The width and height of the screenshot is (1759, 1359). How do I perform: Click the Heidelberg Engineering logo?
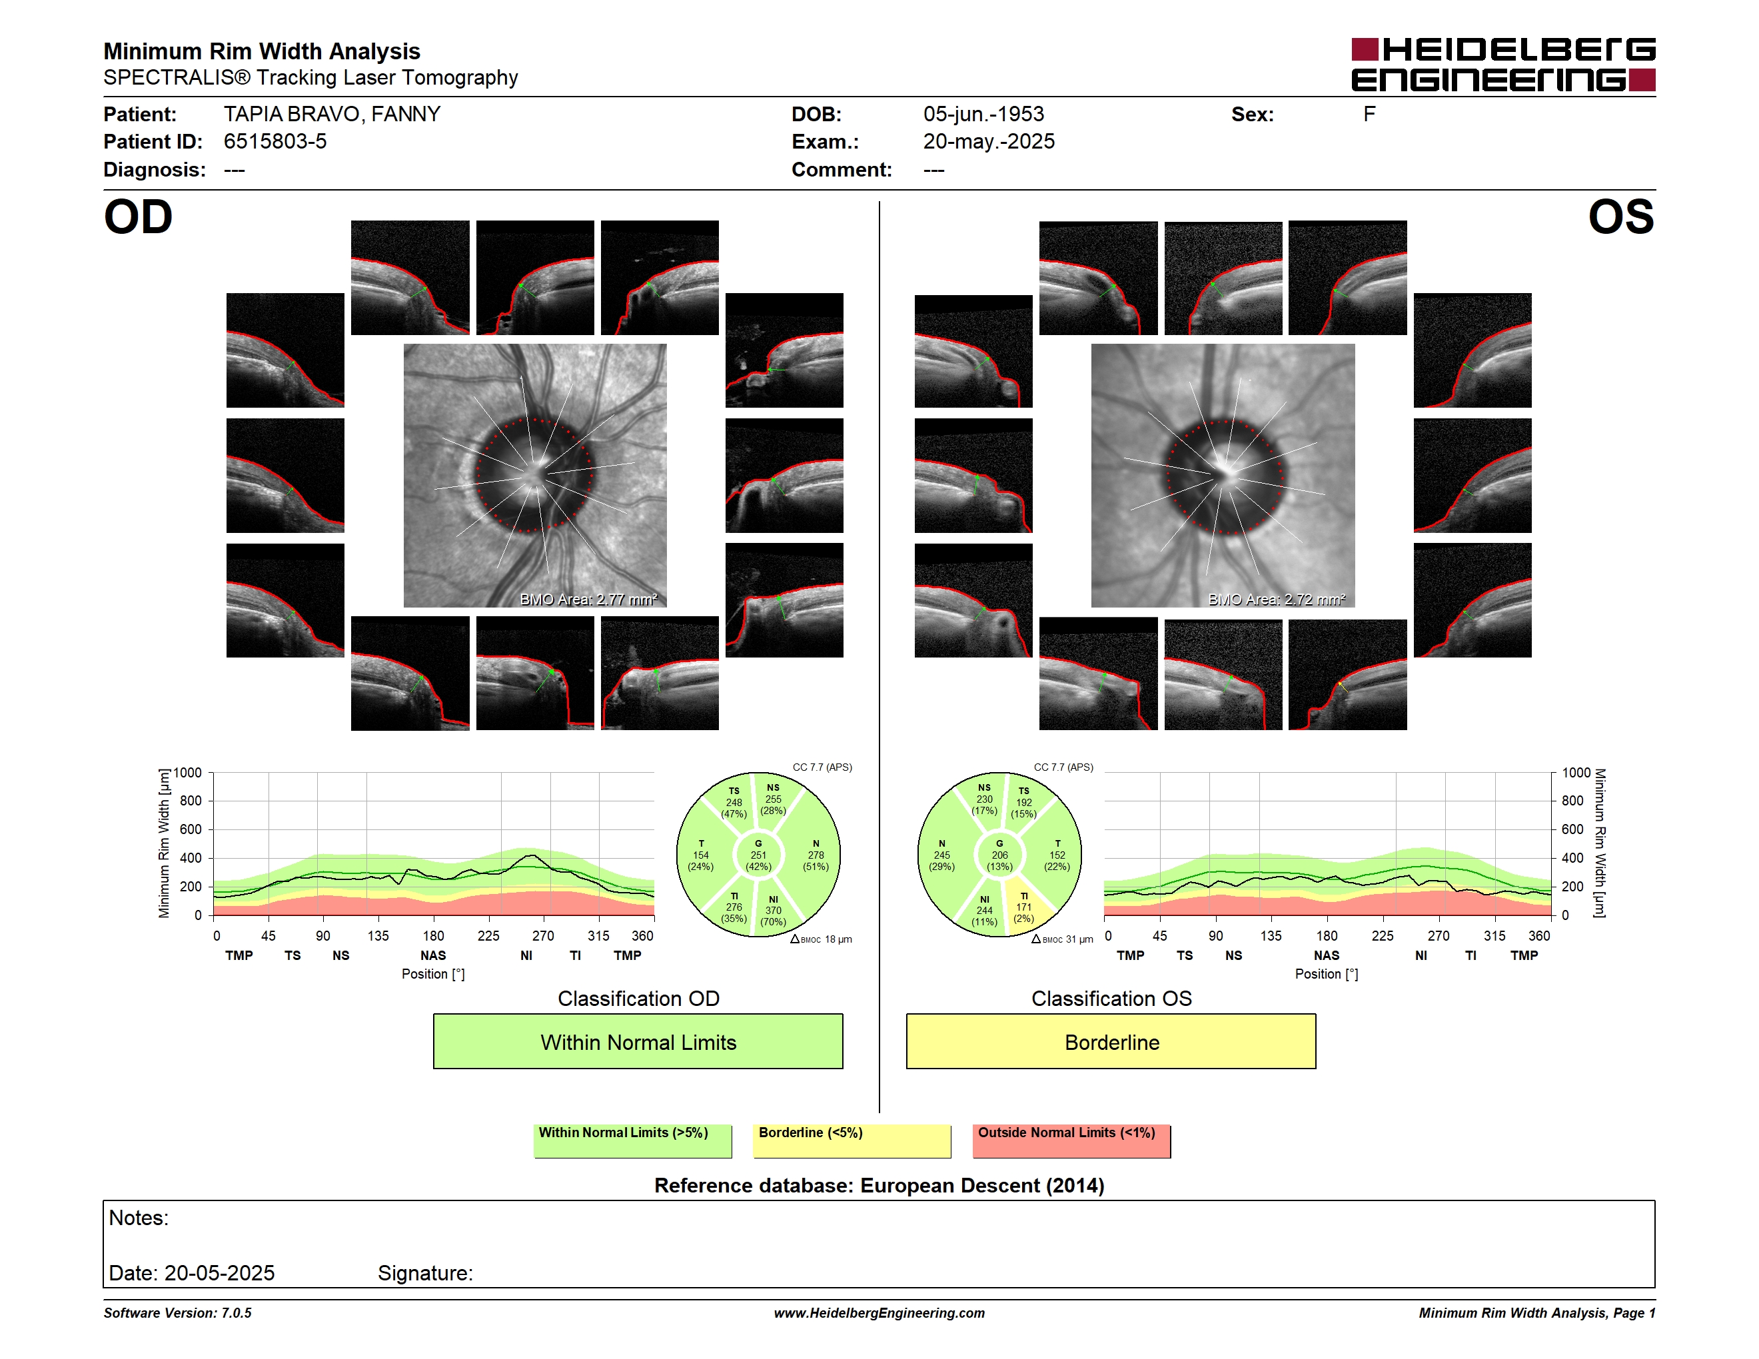tap(1503, 65)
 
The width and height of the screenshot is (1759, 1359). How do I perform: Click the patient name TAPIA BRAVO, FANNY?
tap(332, 115)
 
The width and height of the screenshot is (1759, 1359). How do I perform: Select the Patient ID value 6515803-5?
tap(275, 142)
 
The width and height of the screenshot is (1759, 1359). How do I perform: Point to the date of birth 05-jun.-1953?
tap(983, 115)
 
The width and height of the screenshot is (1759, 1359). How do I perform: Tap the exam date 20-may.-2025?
tap(989, 142)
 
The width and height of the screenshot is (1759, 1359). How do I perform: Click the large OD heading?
tap(139, 217)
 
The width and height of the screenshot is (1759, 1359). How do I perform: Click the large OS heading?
tap(1620, 217)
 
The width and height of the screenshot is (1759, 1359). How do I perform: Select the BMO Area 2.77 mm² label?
tap(589, 599)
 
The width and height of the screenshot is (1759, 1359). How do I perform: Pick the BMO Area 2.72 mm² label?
tap(1277, 599)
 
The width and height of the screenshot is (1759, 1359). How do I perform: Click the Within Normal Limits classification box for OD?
tap(638, 1042)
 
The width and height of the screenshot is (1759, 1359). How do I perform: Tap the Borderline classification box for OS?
tap(1111, 1042)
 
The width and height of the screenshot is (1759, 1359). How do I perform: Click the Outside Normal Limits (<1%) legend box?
tap(1071, 1140)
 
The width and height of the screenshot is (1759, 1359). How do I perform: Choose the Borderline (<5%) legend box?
tap(852, 1140)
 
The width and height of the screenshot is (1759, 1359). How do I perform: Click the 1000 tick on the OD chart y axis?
tap(188, 773)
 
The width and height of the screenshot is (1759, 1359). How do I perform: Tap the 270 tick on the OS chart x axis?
tap(1439, 935)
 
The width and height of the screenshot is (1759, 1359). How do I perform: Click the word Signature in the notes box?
tap(425, 1273)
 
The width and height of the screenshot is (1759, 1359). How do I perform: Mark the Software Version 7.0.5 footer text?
tap(177, 1313)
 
